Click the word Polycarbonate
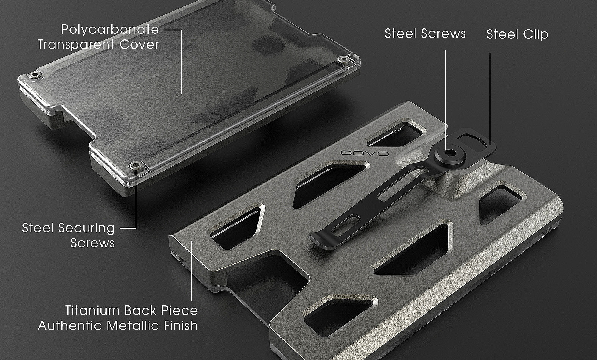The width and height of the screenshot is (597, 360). [x=110, y=30]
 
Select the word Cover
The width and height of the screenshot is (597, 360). [x=139, y=45]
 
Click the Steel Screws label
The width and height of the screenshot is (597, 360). [x=425, y=34]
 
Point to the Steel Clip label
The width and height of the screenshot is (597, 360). [x=517, y=34]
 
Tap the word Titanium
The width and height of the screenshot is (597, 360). [x=92, y=311]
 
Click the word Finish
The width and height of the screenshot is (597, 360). [x=181, y=326]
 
